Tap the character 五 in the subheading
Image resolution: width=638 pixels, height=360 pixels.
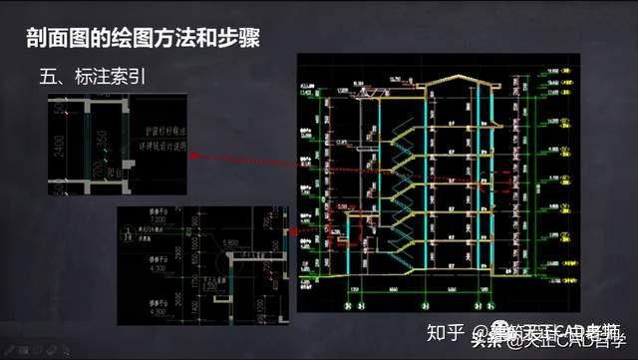coord(48,75)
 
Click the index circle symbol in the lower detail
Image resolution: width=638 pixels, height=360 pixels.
coord(126,237)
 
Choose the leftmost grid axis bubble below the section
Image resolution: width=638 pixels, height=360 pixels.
coord(347,305)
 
